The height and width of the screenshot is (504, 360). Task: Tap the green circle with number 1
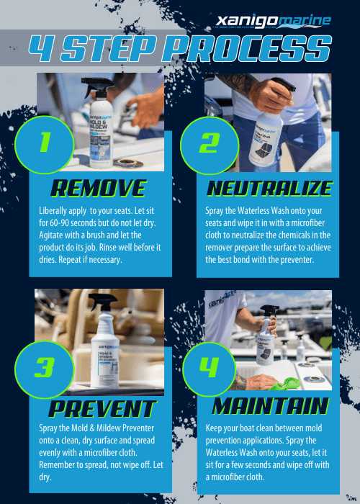click(x=45, y=143)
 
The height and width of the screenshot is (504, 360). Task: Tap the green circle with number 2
click(x=208, y=143)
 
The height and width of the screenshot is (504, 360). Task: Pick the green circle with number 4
click(x=208, y=367)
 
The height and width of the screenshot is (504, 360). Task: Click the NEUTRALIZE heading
click(x=269, y=189)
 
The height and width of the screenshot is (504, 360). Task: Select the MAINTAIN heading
click(x=269, y=406)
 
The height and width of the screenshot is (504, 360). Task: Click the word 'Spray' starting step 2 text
click(x=215, y=212)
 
